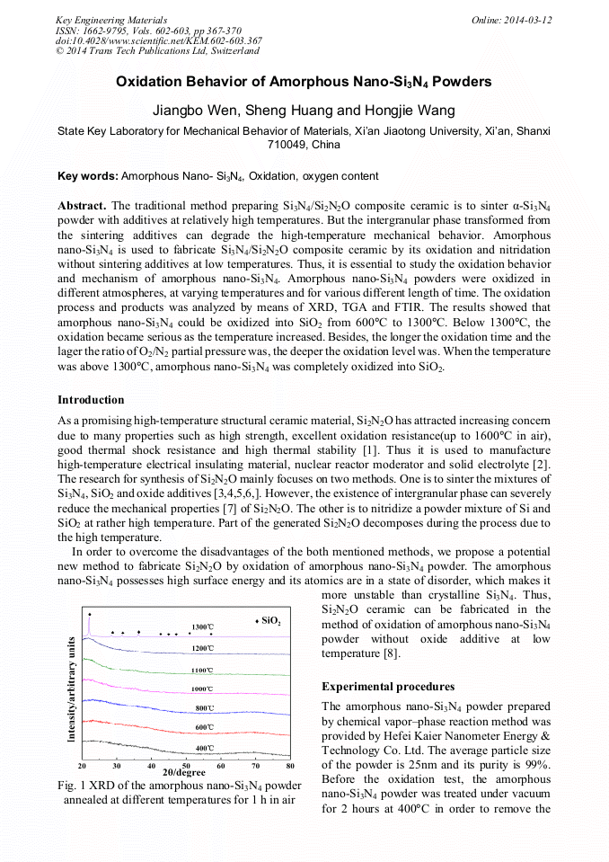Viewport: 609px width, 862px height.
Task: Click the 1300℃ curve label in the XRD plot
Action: coord(202,627)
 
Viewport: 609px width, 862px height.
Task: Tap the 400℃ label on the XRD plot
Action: coord(205,748)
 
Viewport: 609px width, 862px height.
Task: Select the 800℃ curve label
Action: coord(205,708)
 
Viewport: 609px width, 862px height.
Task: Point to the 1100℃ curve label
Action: coord(202,670)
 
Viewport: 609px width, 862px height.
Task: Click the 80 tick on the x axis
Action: coord(290,766)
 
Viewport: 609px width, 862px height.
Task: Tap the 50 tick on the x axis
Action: coord(186,766)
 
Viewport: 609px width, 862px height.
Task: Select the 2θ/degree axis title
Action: coord(184,773)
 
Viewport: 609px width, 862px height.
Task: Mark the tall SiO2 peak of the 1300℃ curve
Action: coord(90,617)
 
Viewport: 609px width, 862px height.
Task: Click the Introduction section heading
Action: coord(91,400)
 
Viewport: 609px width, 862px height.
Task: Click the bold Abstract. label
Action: coord(82,205)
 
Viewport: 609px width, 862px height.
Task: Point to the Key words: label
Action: coord(87,176)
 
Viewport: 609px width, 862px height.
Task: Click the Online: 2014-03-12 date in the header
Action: coord(511,20)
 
